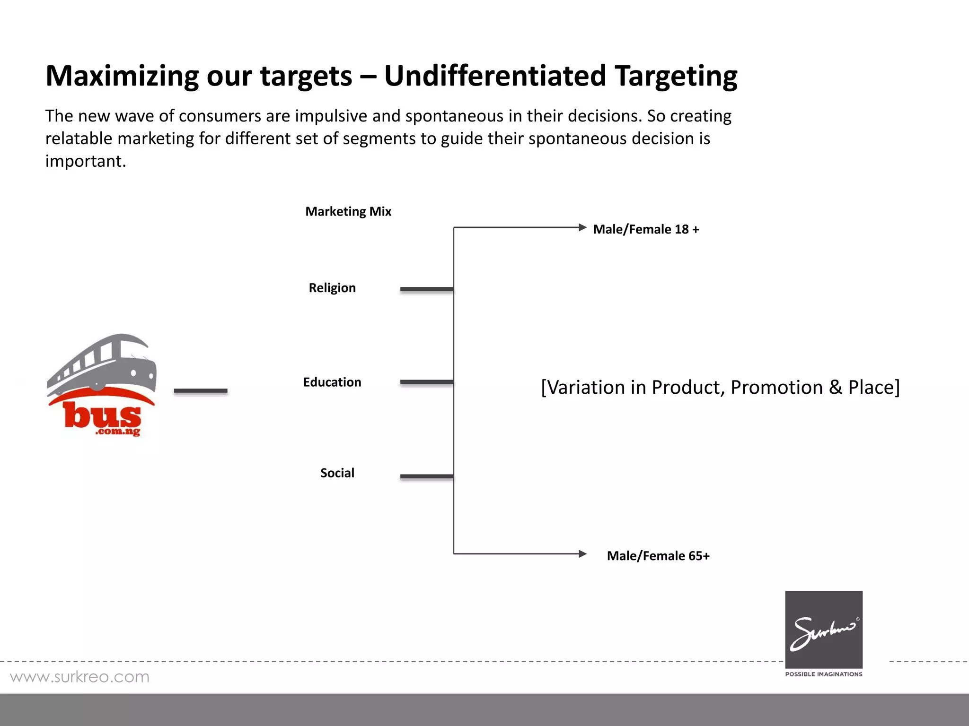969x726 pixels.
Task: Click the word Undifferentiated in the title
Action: pyautogui.click(x=495, y=76)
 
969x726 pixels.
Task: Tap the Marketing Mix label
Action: pyautogui.click(x=348, y=211)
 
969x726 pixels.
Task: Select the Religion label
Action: pyautogui.click(x=332, y=288)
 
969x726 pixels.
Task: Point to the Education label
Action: pyautogui.click(x=332, y=382)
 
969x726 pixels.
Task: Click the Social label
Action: pyautogui.click(x=337, y=473)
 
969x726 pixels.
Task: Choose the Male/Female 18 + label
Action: pyautogui.click(x=646, y=229)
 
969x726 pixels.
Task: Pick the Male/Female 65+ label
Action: pyautogui.click(x=658, y=556)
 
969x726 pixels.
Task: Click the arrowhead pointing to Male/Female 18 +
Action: pyautogui.click(x=582, y=227)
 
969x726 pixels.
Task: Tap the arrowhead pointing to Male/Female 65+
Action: pyautogui.click(x=582, y=554)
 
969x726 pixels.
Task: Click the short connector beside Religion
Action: pyautogui.click(x=426, y=289)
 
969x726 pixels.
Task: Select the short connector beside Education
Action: pyautogui.click(x=426, y=382)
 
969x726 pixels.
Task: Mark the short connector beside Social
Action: pyautogui.click(x=426, y=476)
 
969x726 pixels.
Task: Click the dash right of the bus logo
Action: pyautogui.click(x=201, y=391)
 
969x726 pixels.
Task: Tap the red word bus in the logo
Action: pyautogui.click(x=102, y=416)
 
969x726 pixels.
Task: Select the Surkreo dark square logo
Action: pyautogui.click(x=824, y=629)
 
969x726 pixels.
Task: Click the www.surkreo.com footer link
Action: pyautogui.click(x=79, y=677)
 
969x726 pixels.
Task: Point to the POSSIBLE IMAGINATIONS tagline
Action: pyautogui.click(x=824, y=674)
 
